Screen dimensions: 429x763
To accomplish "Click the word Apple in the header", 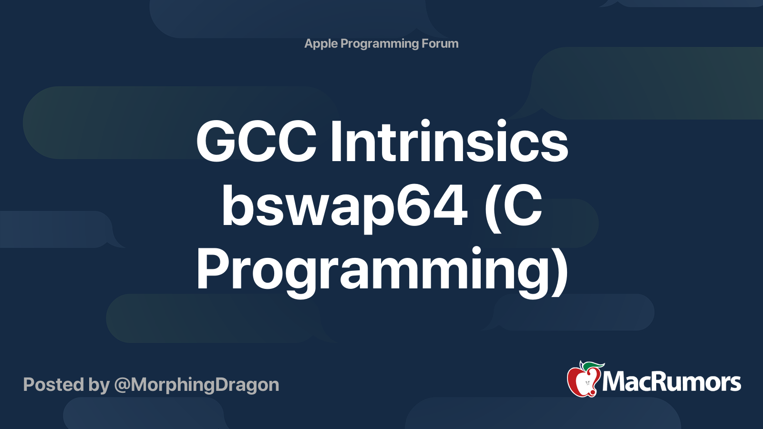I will click(x=321, y=44).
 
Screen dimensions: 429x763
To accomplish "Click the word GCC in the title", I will click(x=256, y=142).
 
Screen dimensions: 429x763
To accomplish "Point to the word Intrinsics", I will click(x=449, y=142).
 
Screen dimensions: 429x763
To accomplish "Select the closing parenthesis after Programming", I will click(x=561, y=271).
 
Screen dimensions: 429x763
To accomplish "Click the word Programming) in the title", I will click(x=381, y=270).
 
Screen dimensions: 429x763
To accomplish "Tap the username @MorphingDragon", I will click(x=196, y=385).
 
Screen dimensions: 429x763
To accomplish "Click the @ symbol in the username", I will click(x=122, y=385).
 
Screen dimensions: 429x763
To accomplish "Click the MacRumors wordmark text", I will click(x=671, y=382).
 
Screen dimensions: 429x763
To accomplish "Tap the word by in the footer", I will click(x=99, y=385).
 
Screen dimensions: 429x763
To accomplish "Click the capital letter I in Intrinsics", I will click(x=335, y=142).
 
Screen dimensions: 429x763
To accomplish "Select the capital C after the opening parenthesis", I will click(x=523, y=206).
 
